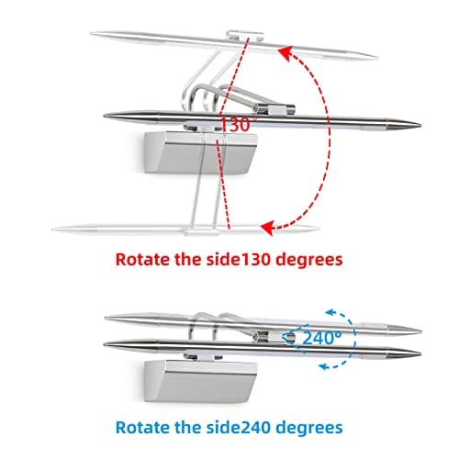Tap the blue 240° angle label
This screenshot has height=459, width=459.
(x=322, y=338)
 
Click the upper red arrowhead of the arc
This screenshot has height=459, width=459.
(x=285, y=53)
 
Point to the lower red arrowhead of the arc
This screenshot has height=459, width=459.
(x=267, y=228)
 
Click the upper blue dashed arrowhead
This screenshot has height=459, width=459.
(x=330, y=312)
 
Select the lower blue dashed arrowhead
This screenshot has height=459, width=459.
(x=324, y=365)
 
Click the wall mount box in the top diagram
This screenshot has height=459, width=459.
(x=200, y=152)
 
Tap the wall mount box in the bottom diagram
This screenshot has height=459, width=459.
(x=200, y=381)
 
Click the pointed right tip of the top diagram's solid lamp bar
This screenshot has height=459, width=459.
(x=420, y=125)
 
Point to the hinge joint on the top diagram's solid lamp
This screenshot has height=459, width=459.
(x=275, y=108)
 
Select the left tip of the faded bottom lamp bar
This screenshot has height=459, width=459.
(x=53, y=229)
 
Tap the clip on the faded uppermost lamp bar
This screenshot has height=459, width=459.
(x=245, y=35)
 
